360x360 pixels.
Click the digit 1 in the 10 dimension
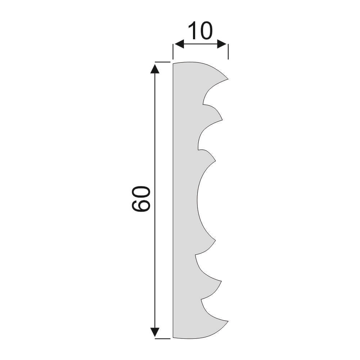(x=192, y=31)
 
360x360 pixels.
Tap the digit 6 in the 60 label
(x=141, y=205)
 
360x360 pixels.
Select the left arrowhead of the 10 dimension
(x=179, y=44)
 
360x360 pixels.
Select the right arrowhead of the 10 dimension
(x=222, y=44)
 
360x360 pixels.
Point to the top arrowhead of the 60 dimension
(x=155, y=69)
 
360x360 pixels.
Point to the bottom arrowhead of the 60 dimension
(x=155, y=332)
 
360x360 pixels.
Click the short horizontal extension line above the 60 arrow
(x=163, y=62)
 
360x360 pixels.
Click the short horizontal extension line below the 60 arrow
(x=163, y=338)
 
